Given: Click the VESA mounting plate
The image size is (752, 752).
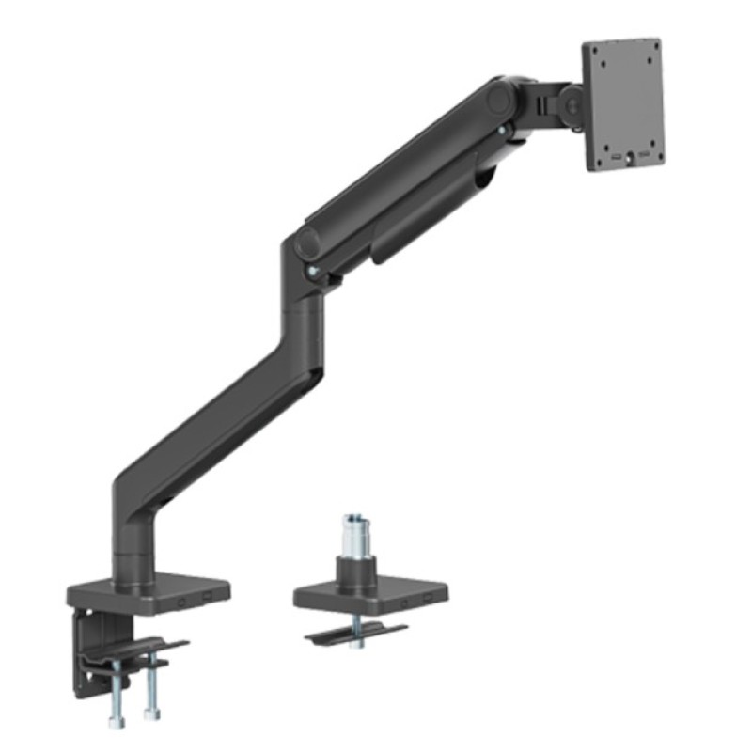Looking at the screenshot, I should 623,105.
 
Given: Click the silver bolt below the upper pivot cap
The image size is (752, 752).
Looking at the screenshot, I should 505,130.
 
